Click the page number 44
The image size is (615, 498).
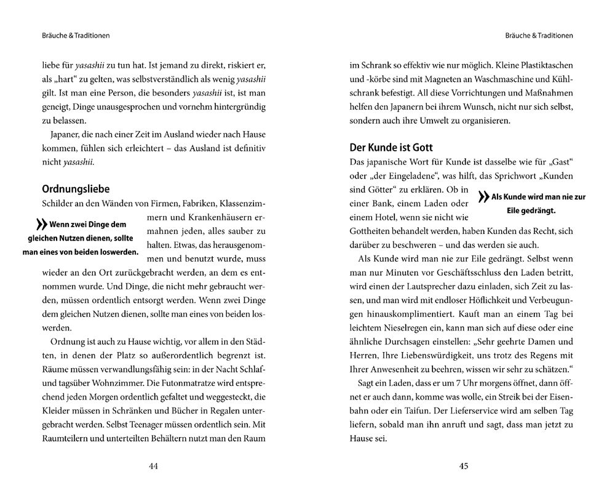point(154,466)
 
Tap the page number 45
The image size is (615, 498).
point(464,466)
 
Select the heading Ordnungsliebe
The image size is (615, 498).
point(76,188)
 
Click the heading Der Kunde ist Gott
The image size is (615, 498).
point(391,148)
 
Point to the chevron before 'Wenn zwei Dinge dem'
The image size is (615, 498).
point(41,225)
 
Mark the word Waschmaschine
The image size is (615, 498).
point(498,79)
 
